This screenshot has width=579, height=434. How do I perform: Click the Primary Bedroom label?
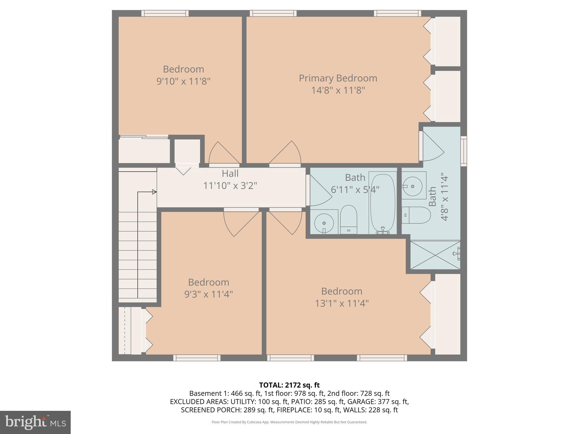(x=338, y=78)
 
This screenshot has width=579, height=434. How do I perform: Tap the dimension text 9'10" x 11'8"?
(x=183, y=82)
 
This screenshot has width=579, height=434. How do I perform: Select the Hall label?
(x=230, y=173)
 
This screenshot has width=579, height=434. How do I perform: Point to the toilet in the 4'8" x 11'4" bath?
(x=416, y=215)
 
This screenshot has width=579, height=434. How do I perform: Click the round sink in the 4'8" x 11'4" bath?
(x=412, y=186)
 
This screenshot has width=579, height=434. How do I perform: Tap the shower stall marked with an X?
(x=435, y=255)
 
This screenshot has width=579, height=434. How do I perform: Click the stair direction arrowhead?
(x=154, y=192)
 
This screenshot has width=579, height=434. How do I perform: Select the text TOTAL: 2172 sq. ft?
(x=289, y=385)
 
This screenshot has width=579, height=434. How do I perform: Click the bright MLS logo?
(x=35, y=422)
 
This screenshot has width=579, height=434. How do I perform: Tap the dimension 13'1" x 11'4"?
(x=342, y=303)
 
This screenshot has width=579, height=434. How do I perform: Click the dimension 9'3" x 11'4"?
(x=208, y=294)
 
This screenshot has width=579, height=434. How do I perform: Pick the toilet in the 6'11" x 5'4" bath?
(x=349, y=219)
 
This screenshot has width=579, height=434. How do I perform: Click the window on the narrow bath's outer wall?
(x=463, y=151)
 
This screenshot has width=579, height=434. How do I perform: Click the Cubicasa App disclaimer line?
(x=289, y=422)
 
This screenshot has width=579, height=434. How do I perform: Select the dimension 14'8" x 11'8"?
(x=338, y=90)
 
